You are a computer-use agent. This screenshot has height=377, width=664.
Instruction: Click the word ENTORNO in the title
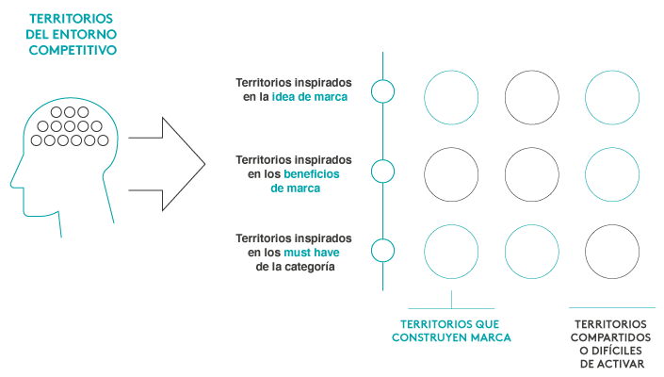(x=86, y=35)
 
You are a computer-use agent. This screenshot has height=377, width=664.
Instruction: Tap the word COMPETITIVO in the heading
(x=73, y=50)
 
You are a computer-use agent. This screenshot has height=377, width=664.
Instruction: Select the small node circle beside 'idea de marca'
(x=382, y=90)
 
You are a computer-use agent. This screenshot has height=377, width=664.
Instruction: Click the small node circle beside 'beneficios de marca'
(x=382, y=172)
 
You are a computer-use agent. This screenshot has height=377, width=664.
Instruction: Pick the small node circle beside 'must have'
(x=382, y=251)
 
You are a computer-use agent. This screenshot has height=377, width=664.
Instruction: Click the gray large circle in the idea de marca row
(x=531, y=96)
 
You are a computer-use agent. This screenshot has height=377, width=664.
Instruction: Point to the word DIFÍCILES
(x=618, y=350)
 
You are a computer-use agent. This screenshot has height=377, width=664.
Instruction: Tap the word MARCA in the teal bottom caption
(x=491, y=336)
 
